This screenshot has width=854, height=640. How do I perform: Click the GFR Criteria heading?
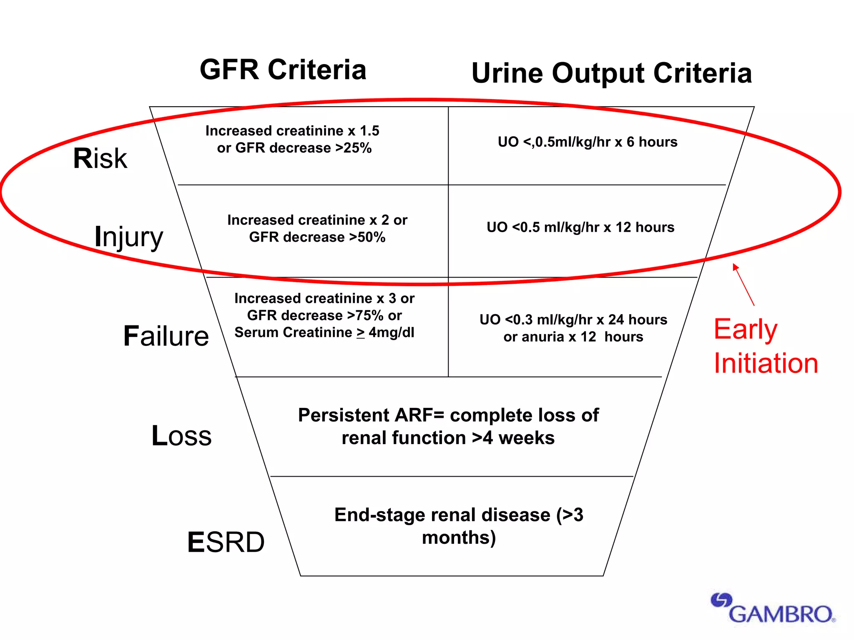click(x=283, y=70)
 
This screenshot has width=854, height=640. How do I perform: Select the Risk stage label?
click(x=100, y=159)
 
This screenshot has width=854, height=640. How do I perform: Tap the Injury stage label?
click(x=128, y=237)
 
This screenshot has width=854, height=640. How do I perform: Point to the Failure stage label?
click(x=166, y=336)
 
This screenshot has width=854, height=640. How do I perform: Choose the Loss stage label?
click(x=181, y=436)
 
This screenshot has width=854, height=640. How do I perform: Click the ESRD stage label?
click(x=226, y=542)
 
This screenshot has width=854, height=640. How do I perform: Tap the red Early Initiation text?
click(x=766, y=346)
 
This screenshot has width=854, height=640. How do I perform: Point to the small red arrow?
click(x=743, y=285)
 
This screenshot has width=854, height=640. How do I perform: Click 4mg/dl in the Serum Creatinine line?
click(x=391, y=333)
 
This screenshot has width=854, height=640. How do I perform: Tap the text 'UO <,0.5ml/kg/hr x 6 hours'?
click(x=588, y=142)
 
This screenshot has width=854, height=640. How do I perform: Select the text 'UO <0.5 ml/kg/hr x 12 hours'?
click(x=580, y=227)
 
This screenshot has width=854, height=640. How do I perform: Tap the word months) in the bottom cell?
click(x=459, y=538)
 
